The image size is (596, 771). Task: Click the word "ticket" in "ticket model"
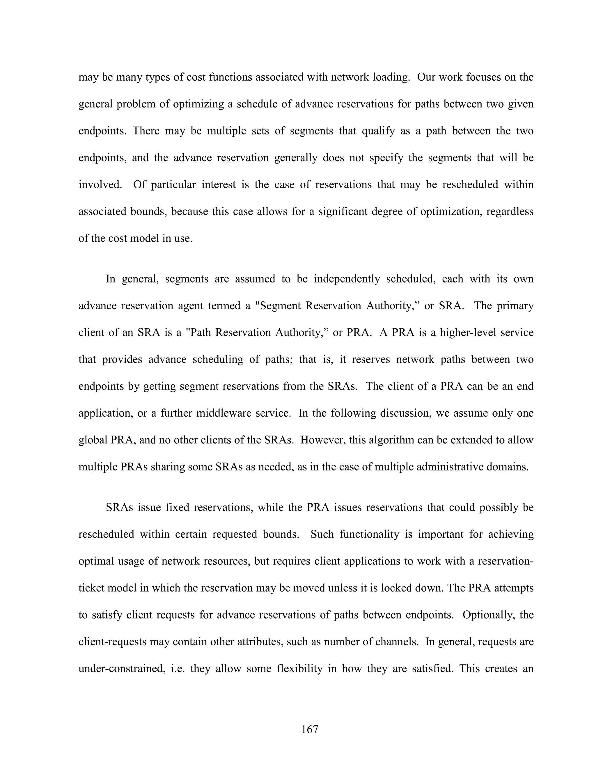pyautogui.click(x=91, y=588)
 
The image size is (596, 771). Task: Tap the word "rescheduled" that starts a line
pyautogui.click(x=106, y=534)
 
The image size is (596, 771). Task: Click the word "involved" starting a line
pyautogui.click(x=100, y=185)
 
